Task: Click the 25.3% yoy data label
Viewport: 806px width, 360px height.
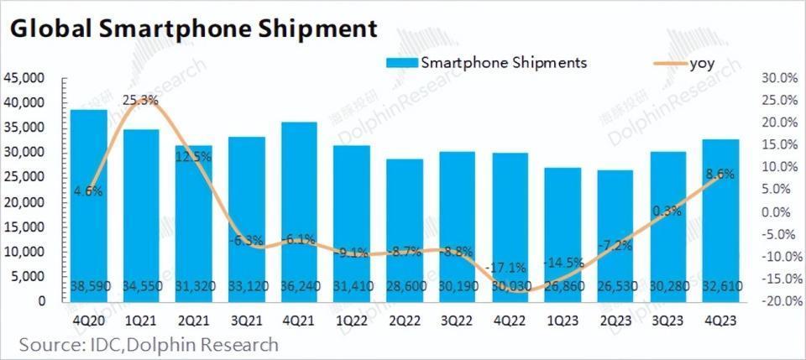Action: tap(141, 100)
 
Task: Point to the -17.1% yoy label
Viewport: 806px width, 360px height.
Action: tap(510, 267)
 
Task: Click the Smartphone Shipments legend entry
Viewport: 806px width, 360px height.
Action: tap(502, 63)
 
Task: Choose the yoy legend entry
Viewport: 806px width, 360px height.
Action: tap(702, 63)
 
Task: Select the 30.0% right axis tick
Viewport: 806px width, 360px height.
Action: tap(777, 78)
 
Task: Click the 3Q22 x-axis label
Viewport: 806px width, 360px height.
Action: tap(457, 321)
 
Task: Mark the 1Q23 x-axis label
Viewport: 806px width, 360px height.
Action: tap(563, 321)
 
